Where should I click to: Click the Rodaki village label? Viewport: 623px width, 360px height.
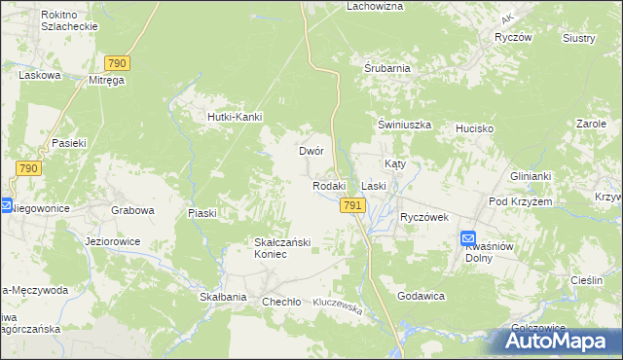click(329, 186)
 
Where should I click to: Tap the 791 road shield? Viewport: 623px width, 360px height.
click(352, 205)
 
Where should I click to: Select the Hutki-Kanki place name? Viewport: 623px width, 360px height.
click(231, 118)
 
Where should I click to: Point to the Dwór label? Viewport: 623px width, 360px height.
click(311, 152)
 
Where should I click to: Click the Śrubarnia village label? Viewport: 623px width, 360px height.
click(386, 69)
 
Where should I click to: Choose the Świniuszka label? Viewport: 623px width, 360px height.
click(404, 126)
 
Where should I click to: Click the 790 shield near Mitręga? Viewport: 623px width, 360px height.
click(116, 62)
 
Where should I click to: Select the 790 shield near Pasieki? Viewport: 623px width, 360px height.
click(27, 168)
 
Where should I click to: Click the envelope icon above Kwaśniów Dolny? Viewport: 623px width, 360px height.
click(468, 238)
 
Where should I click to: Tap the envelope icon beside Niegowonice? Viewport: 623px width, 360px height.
click(6, 206)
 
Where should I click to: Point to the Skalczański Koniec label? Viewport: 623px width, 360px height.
click(282, 248)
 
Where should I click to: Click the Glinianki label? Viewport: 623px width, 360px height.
click(531, 176)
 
